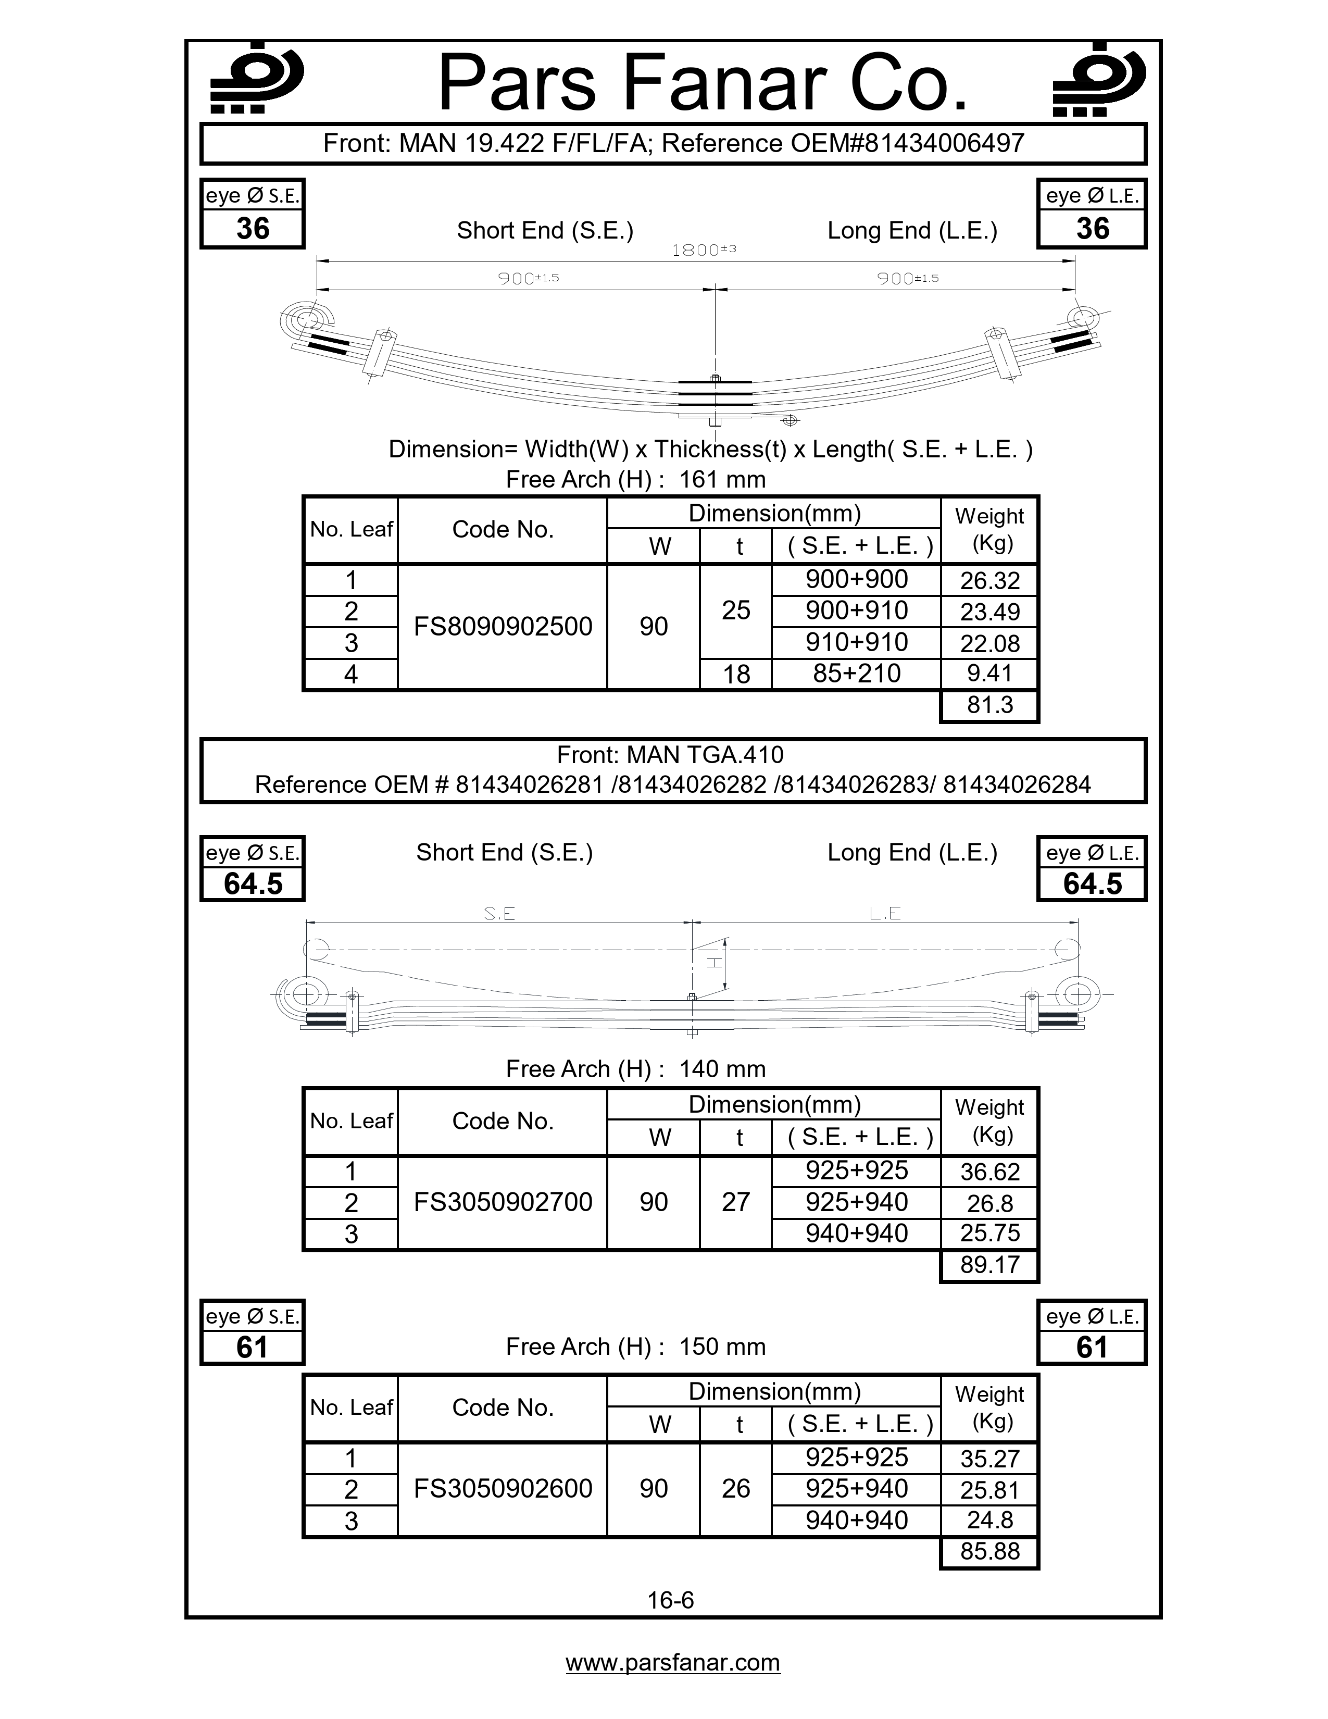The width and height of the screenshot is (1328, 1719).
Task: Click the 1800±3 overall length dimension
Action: (x=704, y=250)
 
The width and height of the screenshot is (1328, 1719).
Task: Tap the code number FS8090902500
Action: (x=503, y=627)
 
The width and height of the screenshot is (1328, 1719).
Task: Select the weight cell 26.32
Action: (x=989, y=581)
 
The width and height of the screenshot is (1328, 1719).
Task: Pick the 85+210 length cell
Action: (x=856, y=674)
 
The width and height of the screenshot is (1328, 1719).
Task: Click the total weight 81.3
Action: (x=989, y=705)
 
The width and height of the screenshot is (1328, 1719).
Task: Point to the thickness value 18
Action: (x=735, y=675)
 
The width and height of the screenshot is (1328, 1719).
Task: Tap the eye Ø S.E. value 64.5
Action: (x=253, y=884)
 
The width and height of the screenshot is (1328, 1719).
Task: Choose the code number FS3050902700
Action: (x=503, y=1202)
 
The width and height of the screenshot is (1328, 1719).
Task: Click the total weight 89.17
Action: (x=989, y=1265)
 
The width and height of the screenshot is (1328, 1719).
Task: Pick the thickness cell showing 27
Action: (x=735, y=1202)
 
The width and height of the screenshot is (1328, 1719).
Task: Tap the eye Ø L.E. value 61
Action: (x=1091, y=1348)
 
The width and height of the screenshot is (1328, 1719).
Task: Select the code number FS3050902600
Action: (x=503, y=1488)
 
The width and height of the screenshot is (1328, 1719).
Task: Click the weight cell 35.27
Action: (x=989, y=1459)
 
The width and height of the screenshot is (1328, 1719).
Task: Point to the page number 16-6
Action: (x=670, y=1600)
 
